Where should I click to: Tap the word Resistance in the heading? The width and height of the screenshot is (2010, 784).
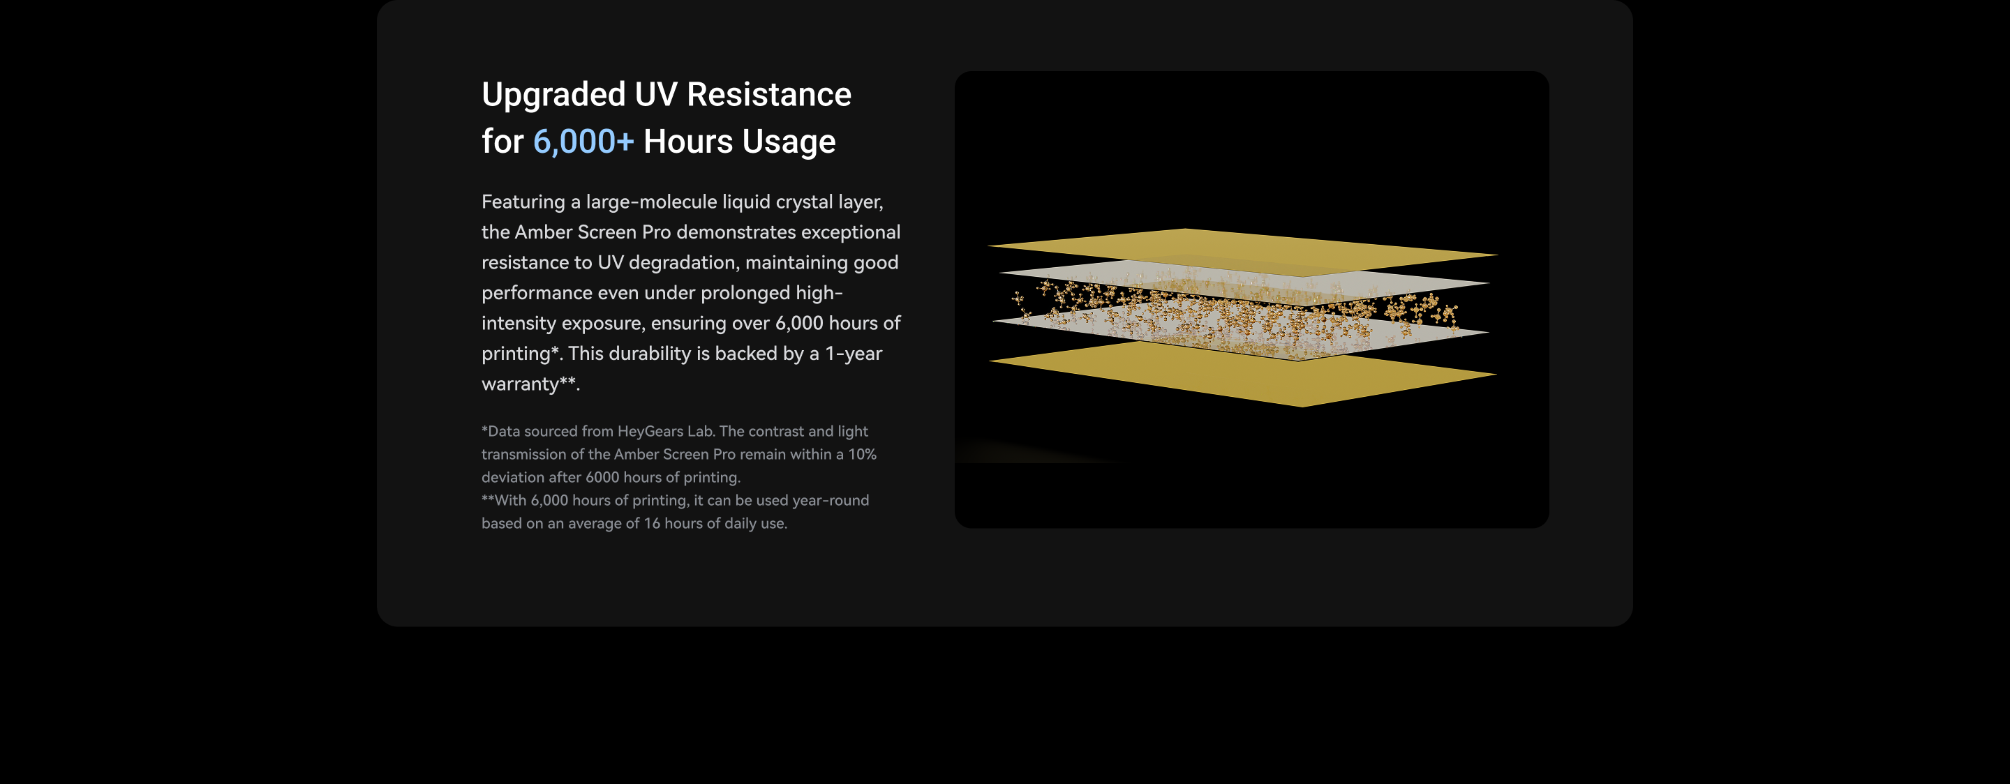pyautogui.click(x=768, y=93)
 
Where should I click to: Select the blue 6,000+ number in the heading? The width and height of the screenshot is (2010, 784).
pyautogui.click(x=583, y=141)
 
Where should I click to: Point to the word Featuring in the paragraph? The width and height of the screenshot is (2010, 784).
pyautogui.click(x=523, y=202)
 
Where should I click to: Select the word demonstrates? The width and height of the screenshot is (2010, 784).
pyautogui.click(x=736, y=232)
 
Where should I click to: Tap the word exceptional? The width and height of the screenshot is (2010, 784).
pyautogui.click(x=851, y=232)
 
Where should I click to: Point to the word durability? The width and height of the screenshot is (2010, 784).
pyautogui.click(x=649, y=354)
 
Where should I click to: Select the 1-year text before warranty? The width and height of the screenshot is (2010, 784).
pyautogui.click(x=854, y=354)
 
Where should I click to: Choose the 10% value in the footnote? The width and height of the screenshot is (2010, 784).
pyautogui.click(x=862, y=454)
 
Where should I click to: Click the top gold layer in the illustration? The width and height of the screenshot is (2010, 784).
pyautogui.click(x=1242, y=251)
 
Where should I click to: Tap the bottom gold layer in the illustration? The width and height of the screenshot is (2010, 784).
pyautogui.click(x=1244, y=375)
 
